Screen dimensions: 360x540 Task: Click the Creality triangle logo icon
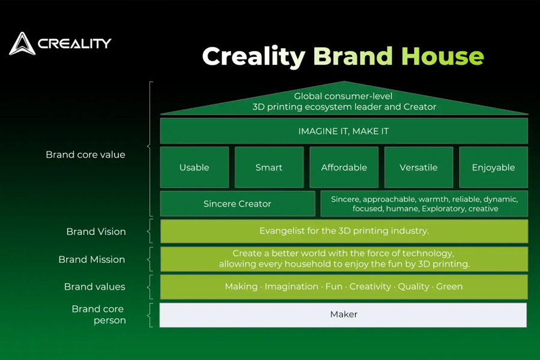[x=22, y=44]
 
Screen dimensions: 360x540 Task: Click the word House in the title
[x=442, y=56]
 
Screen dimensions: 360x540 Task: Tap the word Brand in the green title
[x=353, y=56]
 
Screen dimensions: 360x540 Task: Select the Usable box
[x=194, y=167]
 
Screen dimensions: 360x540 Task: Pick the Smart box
[x=269, y=167]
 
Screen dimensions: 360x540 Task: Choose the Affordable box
[x=344, y=167]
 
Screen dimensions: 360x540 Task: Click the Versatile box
[x=418, y=167]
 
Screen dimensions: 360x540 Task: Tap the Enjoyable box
[x=493, y=167]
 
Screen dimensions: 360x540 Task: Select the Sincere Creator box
[x=237, y=204]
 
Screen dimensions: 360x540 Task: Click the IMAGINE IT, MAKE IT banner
[x=344, y=131]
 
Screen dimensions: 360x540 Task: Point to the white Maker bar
[x=344, y=314]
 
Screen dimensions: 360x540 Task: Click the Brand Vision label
[x=96, y=232]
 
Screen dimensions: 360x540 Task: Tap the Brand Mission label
[x=92, y=259]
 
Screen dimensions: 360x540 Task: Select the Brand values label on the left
[x=95, y=287]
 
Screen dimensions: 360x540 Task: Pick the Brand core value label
[x=85, y=155]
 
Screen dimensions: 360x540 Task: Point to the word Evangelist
[x=281, y=231]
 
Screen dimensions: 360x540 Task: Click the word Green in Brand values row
[x=449, y=287]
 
